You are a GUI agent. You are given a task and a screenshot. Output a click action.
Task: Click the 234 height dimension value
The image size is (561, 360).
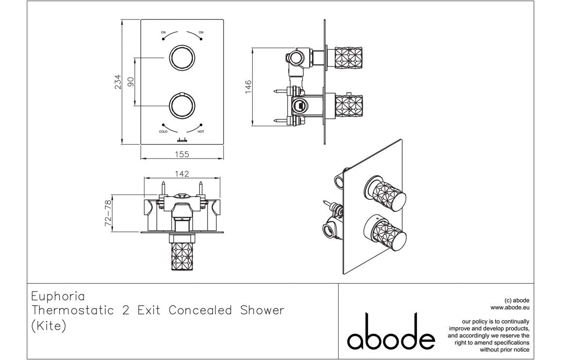pyautogui.click(x=118, y=82)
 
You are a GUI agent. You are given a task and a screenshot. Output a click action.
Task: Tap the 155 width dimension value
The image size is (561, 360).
pyautogui.click(x=182, y=154)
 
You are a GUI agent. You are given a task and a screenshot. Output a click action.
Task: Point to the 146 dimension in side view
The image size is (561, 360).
pyautogui.click(x=248, y=87)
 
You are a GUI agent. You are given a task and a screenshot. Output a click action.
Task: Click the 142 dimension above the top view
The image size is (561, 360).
pyautogui.click(x=182, y=174)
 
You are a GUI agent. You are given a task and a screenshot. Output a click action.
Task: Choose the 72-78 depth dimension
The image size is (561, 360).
pyautogui.click(x=108, y=213)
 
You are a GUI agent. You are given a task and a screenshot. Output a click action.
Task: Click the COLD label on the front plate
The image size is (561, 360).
pyautogui.click(x=163, y=131)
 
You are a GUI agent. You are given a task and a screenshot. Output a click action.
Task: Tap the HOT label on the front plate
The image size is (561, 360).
pyautogui.click(x=201, y=131)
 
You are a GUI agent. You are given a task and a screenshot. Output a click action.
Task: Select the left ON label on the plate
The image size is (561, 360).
pyautogui.click(x=163, y=33)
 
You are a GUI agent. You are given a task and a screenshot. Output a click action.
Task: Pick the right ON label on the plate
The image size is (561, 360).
pyautogui.click(x=201, y=33)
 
